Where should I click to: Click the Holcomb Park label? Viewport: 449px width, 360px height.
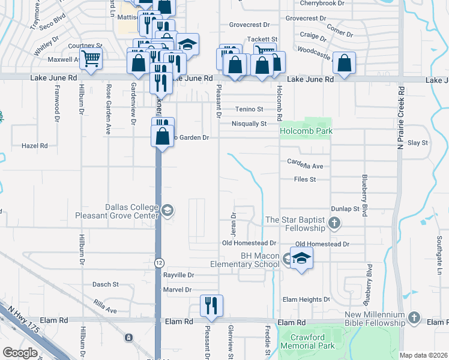pos(306,131)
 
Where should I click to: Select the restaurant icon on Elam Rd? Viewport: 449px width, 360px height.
pos(211,305)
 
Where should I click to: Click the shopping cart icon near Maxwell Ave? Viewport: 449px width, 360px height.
pos(91,59)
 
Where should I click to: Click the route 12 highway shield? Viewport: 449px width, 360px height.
pos(158,262)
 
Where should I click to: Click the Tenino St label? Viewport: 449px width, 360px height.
pos(249,109)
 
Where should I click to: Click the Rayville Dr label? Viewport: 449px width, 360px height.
pos(179,275)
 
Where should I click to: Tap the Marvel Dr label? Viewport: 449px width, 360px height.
pos(177,289)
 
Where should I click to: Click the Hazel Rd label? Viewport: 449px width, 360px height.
pos(34,145)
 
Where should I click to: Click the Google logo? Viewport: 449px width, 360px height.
pos(20,352)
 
